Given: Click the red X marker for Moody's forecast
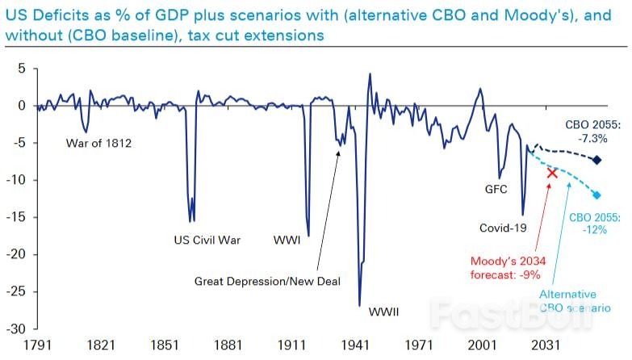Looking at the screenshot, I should coord(552,172).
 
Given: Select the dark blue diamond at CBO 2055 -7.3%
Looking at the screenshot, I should coord(597,160).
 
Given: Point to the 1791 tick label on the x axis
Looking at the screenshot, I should coord(37,345).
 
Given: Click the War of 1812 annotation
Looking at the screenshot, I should coord(99,144).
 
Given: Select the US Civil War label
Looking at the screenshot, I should coord(207,240).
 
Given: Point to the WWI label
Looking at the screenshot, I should coord(287,240).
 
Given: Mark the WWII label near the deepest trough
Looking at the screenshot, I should coord(384,311).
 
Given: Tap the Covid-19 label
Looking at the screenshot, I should coord(503,228).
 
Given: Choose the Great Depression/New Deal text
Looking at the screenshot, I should coord(268,282).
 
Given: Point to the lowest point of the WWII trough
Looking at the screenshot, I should coord(359,305).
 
